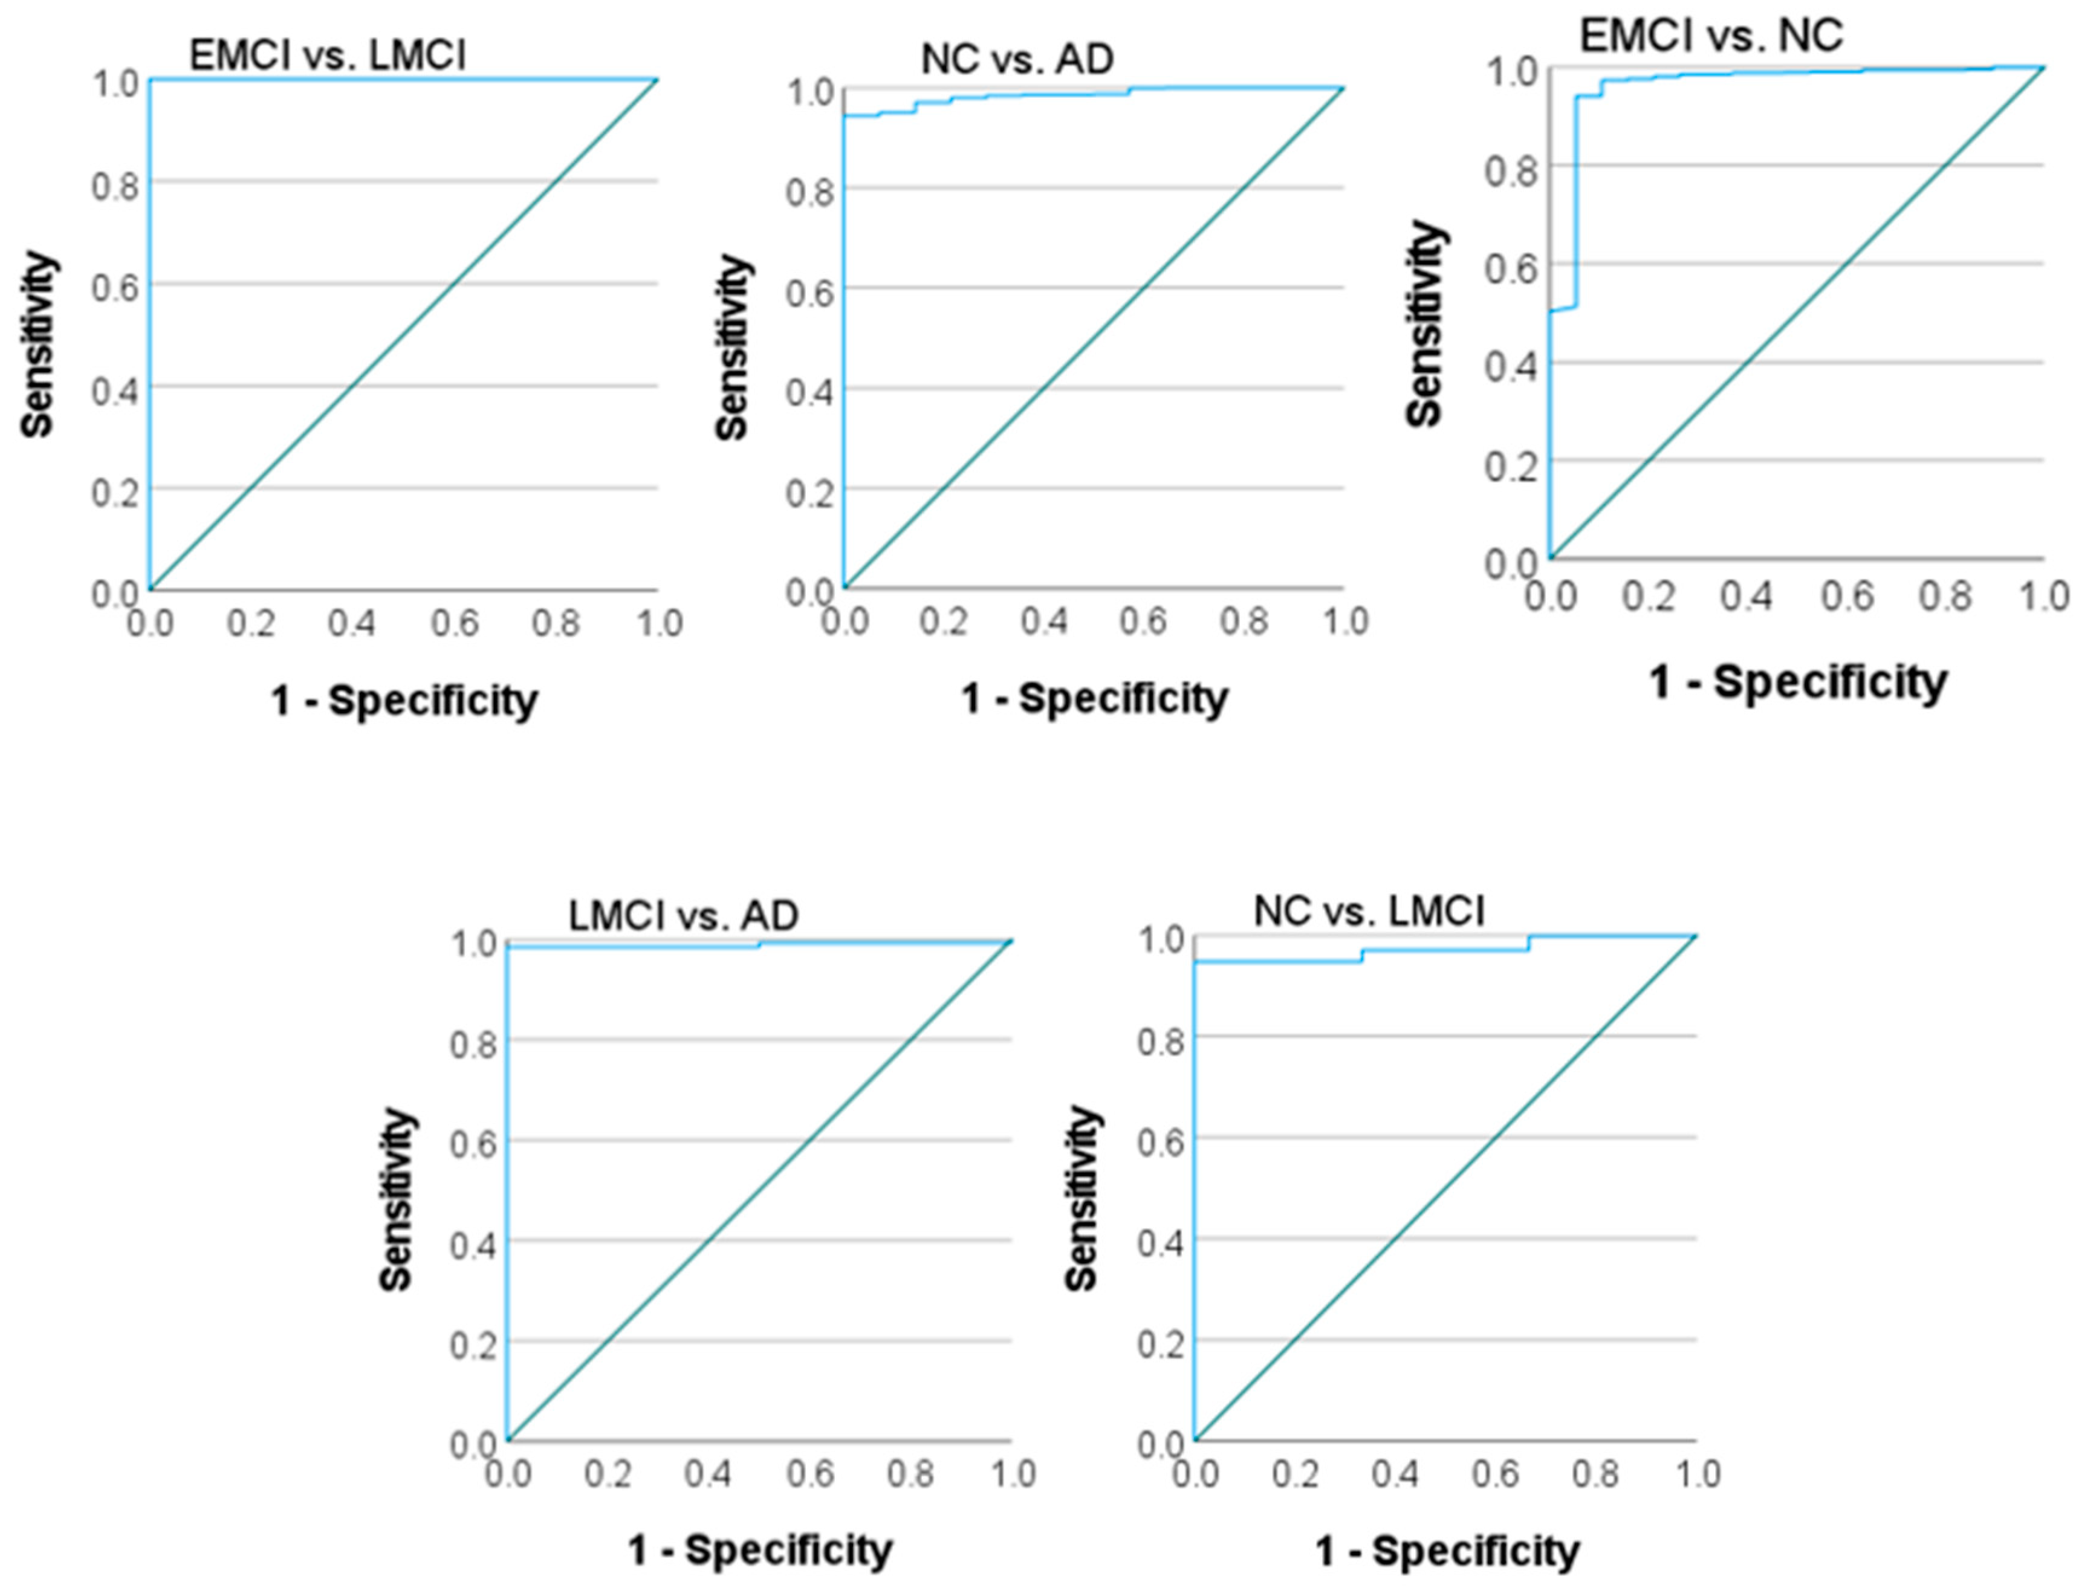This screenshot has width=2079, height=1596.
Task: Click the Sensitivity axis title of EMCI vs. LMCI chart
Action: pyautogui.click(x=38, y=344)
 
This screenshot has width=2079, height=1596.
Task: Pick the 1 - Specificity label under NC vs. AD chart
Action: pyautogui.click(x=1094, y=698)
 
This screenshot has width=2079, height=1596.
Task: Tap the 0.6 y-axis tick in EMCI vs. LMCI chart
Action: pyautogui.click(x=115, y=286)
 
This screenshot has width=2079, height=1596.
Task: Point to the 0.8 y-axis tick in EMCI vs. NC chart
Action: pyautogui.click(x=1510, y=169)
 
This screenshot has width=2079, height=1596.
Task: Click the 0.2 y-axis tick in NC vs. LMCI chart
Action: pyautogui.click(x=1160, y=1345)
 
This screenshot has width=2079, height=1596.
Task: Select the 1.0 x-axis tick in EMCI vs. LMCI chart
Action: pyautogui.click(x=659, y=624)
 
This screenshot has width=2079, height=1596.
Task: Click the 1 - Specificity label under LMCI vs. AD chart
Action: pyautogui.click(x=760, y=1551)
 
